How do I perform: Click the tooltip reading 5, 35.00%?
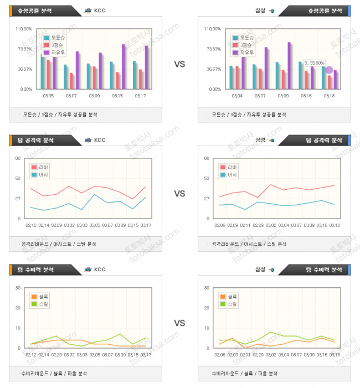314,63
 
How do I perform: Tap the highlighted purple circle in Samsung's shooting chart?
329,70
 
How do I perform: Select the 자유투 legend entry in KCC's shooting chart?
57,53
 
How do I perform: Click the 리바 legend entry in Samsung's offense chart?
232,167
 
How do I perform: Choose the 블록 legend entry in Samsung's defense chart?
231,297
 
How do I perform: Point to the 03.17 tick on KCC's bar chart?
140,96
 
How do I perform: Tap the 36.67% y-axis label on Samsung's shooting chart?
213,69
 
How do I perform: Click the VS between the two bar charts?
179,64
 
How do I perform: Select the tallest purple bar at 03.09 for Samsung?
289,65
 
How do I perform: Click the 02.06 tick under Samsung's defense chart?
219,355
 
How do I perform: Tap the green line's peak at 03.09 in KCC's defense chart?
120,334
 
